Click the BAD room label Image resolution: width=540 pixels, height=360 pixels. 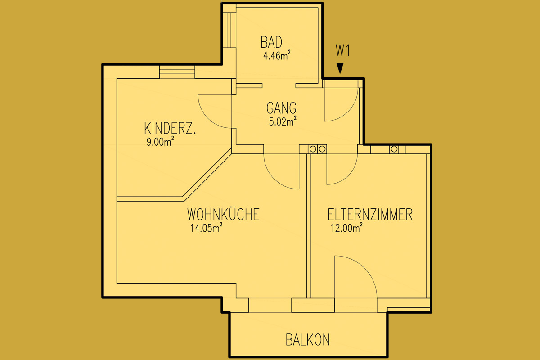pyautogui.click(x=271, y=42)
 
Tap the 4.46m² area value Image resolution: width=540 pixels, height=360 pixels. pyautogui.click(x=277, y=55)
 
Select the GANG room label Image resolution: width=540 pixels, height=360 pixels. pyautogui.click(x=281, y=108)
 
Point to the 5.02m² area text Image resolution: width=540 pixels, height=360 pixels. pyautogui.click(x=283, y=121)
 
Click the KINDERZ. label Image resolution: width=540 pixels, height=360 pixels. pyautogui.click(x=170, y=128)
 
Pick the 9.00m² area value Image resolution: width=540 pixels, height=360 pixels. pyautogui.click(x=160, y=141)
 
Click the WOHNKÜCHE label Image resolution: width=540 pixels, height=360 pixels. pyautogui.click(x=223, y=214)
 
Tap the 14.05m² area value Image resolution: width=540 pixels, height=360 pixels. pyautogui.click(x=207, y=228)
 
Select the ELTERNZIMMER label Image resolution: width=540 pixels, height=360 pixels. pyautogui.click(x=370, y=214)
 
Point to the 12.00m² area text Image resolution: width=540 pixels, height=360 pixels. pyautogui.click(x=346, y=228)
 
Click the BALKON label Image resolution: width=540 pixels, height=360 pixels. pyautogui.click(x=308, y=340)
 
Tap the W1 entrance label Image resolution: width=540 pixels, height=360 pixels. pyautogui.click(x=342, y=51)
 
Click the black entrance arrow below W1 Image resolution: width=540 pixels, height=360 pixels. pyautogui.click(x=340, y=68)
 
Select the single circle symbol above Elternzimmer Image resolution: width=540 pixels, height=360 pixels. pyautogui.click(x=394, y=149)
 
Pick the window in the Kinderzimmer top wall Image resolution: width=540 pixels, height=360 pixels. pyautogui.click(x=177, y=72)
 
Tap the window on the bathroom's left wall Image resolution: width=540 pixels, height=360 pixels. pyautogui.click(x=229, y=30)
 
